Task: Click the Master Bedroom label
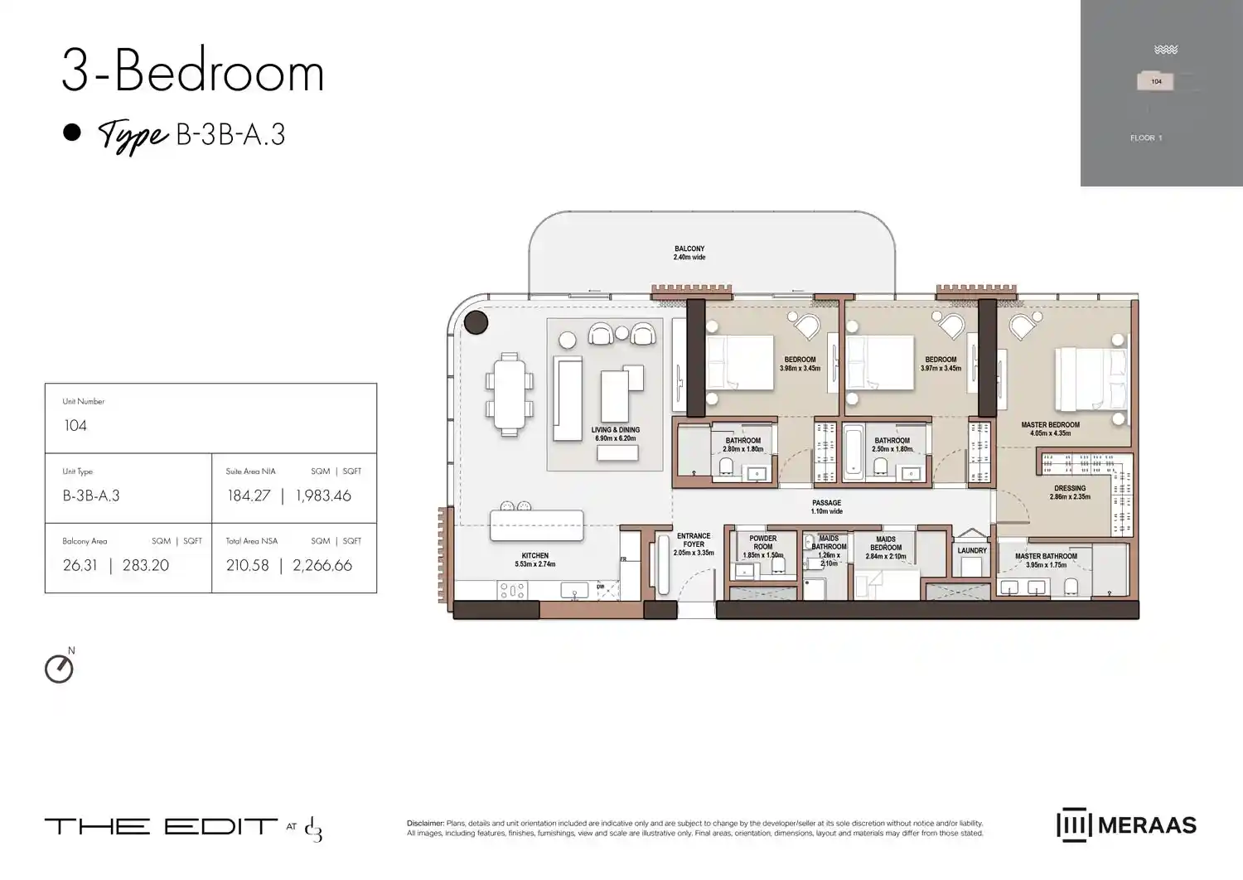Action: (x=1050, y=428)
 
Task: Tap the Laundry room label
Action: (x=972, y=550)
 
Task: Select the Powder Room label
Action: (x=762, y=543)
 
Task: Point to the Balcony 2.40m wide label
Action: (x=689, y=253)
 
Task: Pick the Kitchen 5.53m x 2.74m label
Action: (x=535, y=559)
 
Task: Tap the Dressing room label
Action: (x=1070, y=492)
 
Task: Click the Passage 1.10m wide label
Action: (x=826, y=506)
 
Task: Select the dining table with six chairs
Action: (x=510, y=394)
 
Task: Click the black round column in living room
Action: (x=476, y=322)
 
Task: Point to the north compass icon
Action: (x=59, y=668)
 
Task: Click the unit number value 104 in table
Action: (x=75, y=426)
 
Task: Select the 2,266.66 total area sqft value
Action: (x=322, y=565)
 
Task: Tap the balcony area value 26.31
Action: (x=80, y=565)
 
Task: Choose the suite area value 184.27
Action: (x=249, y=496)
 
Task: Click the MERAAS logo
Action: (x=1127, y=825)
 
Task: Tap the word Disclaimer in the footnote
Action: (x=425, y=824)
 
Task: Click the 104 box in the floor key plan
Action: (x=1156, y=81)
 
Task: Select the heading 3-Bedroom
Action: (x=192, y=72)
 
